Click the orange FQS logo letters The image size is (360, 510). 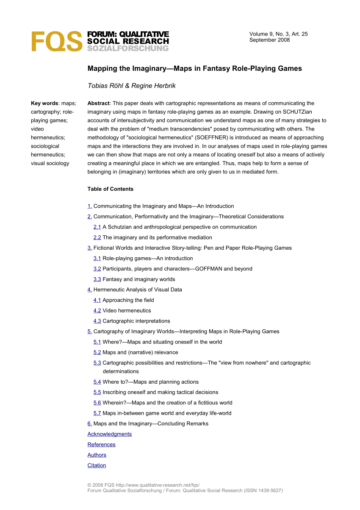[x=56, y=42]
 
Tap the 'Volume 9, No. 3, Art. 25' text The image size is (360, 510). [x=278, y=34]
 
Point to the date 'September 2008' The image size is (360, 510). [x=269, y=40]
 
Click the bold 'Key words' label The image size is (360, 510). [x=44, y=103]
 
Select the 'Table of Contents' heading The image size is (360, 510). [x=110, y=189]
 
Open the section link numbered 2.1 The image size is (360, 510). [x=97, y=227]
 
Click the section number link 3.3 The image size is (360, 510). [x=97, y=279]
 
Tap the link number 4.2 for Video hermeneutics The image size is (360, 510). [x=97, y=311]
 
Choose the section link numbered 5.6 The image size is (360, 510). [x=97, y=403]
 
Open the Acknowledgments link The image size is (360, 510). [x=109, y=434]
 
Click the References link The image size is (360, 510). [x=101, y=445]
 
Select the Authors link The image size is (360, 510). [x=97, y=455]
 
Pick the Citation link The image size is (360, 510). [x=97, y=465]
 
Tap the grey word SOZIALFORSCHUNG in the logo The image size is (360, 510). [x=127, y=48]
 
